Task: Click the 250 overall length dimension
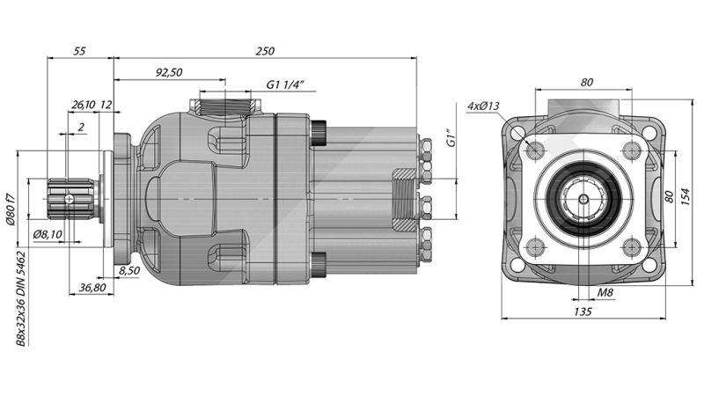click(x=265, y=52)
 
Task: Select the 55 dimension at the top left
click(x=79, y=52)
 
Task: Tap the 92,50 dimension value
click(x=169, y=73)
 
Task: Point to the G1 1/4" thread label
click(x=284, y=85)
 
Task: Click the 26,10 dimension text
click(x=83, y=105)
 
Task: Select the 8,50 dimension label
click(x=128, y=270)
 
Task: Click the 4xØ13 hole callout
click(x=483, y=106)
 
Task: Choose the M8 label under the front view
click(x=605, y=292)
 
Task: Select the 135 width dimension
click(x=582, y=311)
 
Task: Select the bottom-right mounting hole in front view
click(x=630, y=247)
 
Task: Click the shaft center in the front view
click(x=582, y=199)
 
